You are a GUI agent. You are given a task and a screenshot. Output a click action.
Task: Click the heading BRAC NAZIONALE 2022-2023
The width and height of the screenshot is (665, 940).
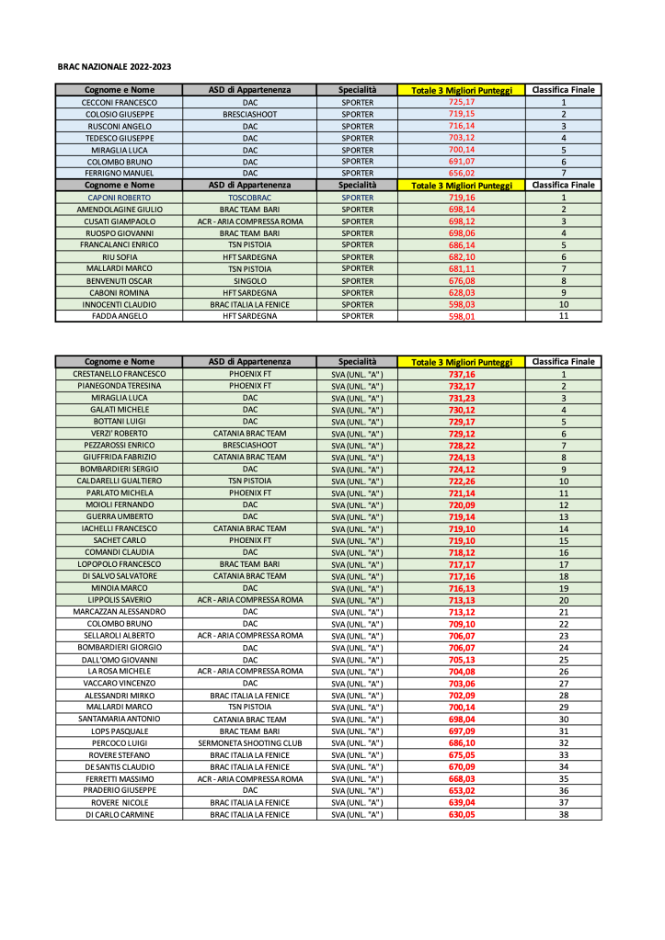click(114, 67)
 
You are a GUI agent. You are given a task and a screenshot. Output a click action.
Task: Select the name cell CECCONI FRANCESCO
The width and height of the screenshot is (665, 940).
click(120, 102)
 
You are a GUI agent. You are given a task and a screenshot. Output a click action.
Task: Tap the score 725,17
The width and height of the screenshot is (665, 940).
click(461, 102)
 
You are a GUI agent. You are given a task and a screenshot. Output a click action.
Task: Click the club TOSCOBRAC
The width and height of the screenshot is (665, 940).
click(250, 198)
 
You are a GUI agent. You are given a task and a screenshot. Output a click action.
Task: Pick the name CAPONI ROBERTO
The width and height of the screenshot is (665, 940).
click(120, 198)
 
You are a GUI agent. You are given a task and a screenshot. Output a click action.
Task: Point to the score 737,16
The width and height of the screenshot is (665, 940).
click(461, 375)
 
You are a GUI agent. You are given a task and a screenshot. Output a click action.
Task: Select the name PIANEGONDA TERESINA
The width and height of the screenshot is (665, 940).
click(120, 387)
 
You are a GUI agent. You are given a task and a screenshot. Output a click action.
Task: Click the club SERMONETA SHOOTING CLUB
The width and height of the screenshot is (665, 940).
click(250, 743)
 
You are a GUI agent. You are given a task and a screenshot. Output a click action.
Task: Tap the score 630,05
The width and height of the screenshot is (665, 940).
click(461, 815)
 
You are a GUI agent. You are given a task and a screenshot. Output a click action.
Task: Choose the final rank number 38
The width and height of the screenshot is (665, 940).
click(563, 815)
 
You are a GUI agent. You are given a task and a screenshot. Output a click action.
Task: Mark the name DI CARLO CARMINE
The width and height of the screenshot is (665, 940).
click(120, 815)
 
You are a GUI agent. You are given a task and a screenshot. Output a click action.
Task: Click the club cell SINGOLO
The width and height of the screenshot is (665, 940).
click(250, 281)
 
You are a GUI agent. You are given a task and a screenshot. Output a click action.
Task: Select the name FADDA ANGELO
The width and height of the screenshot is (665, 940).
click(120, 316)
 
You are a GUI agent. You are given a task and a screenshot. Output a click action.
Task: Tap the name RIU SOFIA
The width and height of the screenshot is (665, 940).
click(120, 257)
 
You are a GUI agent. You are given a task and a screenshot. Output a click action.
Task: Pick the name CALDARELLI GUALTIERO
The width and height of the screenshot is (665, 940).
click(120, 481)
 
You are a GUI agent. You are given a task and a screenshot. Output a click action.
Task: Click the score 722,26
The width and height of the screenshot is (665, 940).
click(461, 481)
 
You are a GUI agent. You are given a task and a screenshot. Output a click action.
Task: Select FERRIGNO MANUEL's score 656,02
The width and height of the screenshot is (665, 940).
click(461, 173)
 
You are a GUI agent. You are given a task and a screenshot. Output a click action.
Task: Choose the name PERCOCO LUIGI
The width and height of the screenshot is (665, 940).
click(120, 743)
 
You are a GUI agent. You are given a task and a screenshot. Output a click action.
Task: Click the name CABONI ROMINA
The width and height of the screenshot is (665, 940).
click(120, 292)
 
